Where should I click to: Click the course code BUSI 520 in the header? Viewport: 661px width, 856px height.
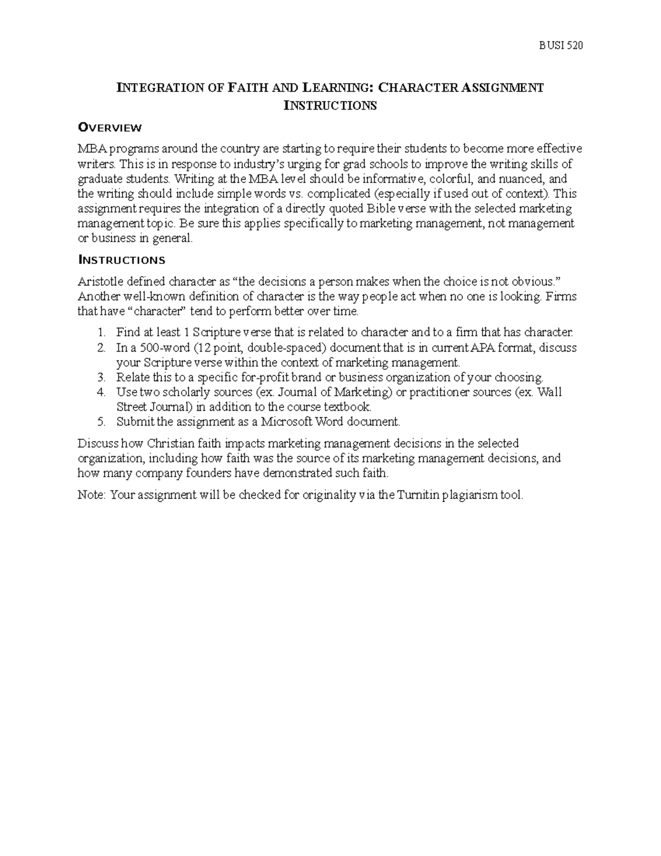click(560, 46)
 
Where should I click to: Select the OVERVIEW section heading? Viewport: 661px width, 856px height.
click(110, 128)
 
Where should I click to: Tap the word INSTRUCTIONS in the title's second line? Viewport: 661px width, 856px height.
click(330, 106)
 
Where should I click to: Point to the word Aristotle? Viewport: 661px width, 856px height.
click(99, 282)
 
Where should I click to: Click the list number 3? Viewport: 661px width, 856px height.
click(100, 378)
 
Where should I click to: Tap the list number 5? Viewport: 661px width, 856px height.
click(100, 422)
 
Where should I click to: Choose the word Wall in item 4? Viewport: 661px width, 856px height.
click(549, 392)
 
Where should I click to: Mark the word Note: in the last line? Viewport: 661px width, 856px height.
click(91, 495)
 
